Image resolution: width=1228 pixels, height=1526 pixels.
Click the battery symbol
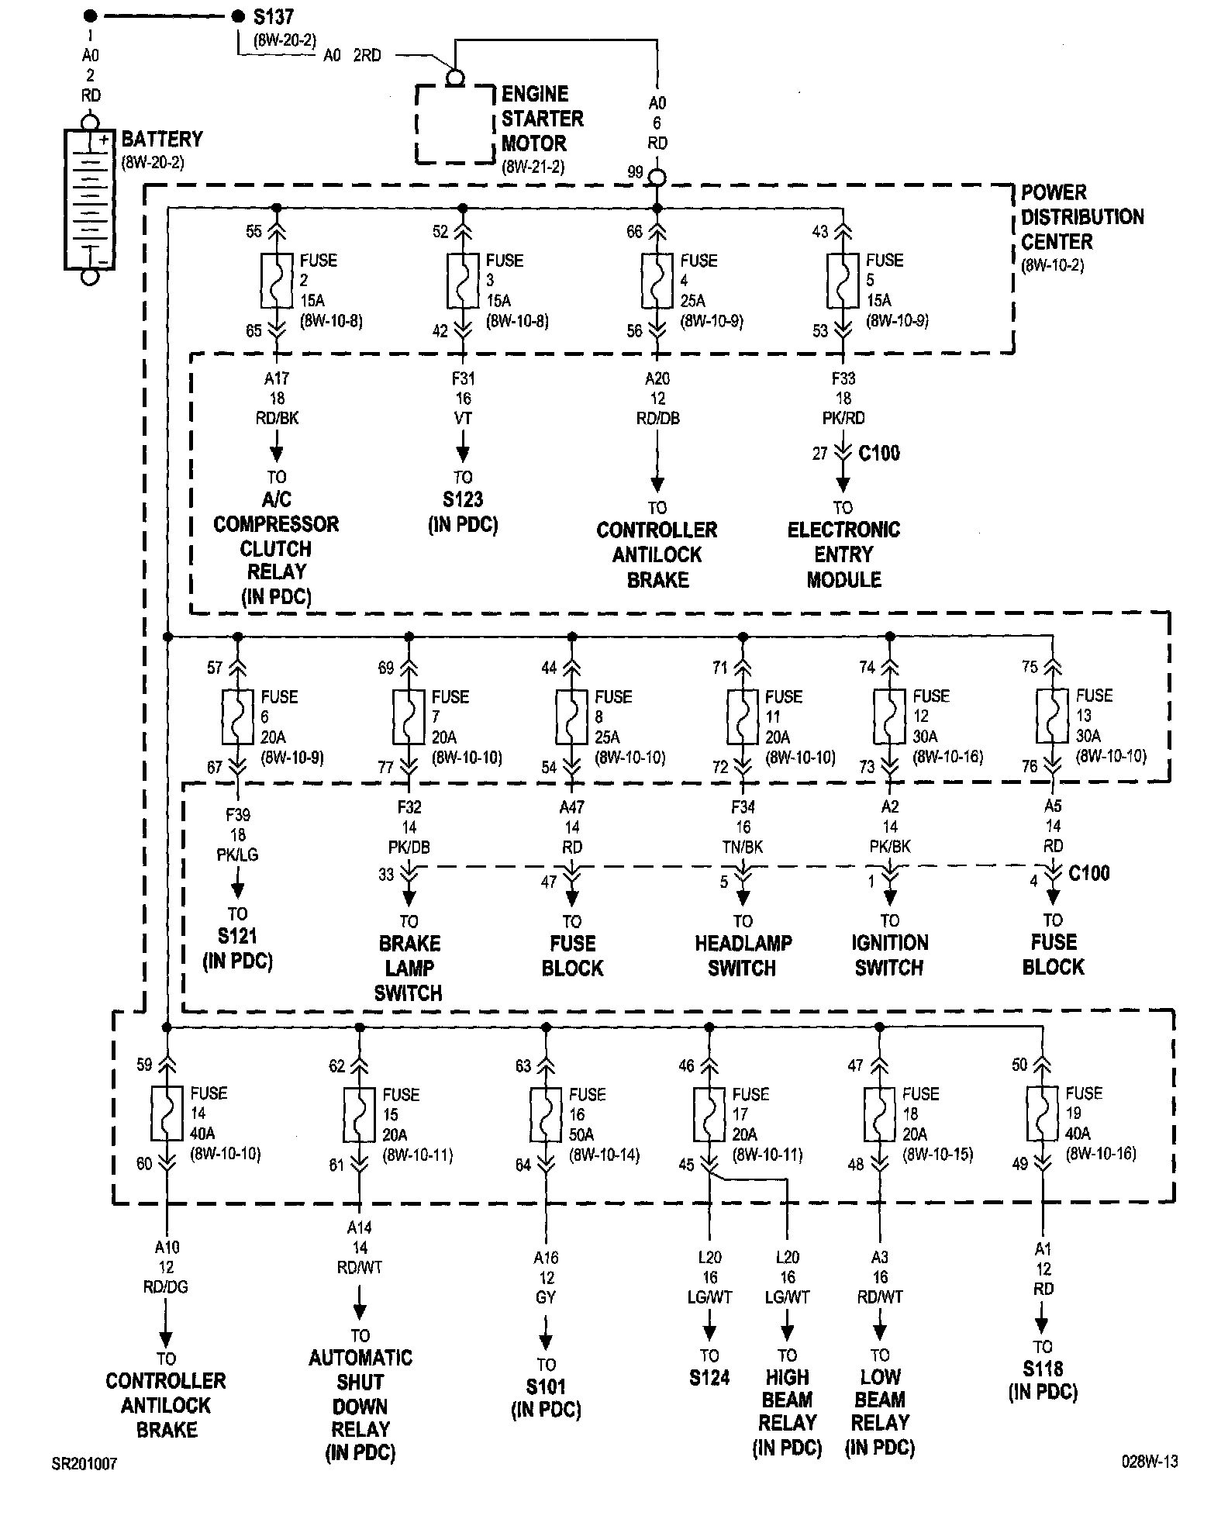pos(90,199)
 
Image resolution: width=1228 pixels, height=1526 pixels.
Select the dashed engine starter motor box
pos(455,124)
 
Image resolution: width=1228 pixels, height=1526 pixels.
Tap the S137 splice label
pos(273,16)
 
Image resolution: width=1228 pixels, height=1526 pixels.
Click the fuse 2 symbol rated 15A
pos(277,280)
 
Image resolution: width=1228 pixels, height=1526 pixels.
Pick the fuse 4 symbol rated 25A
pos(657,280)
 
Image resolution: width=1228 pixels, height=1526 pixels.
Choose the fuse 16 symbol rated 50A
pos(546,1114)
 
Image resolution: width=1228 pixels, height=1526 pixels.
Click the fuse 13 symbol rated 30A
pos(1052,716)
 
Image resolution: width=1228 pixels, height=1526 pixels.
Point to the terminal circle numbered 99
pos(657,178)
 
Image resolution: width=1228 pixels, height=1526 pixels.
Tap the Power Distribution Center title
pos(1081,217)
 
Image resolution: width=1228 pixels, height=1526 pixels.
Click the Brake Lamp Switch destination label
pos(409,968)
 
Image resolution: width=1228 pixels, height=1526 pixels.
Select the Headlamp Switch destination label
pos(743,955)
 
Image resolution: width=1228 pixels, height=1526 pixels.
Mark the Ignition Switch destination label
pos(889,955)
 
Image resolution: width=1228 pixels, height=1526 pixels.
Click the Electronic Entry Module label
pos(843,554)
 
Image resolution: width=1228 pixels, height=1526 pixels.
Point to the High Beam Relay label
pos(787,1411)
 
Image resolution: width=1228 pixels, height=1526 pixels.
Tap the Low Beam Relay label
pos(880,1411)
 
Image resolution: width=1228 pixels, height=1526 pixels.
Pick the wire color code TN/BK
pos(743,847)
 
